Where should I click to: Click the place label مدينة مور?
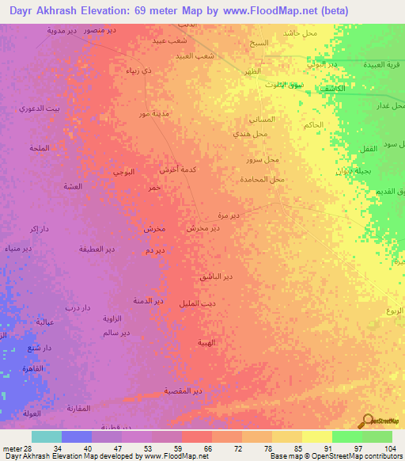(154, 114)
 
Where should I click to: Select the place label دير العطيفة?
(97, 249)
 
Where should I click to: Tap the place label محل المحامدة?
(265, 180)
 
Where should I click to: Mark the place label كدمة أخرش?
(178, 170)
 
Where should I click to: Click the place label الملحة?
(40, 148)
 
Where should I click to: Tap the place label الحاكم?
(312, 125)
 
